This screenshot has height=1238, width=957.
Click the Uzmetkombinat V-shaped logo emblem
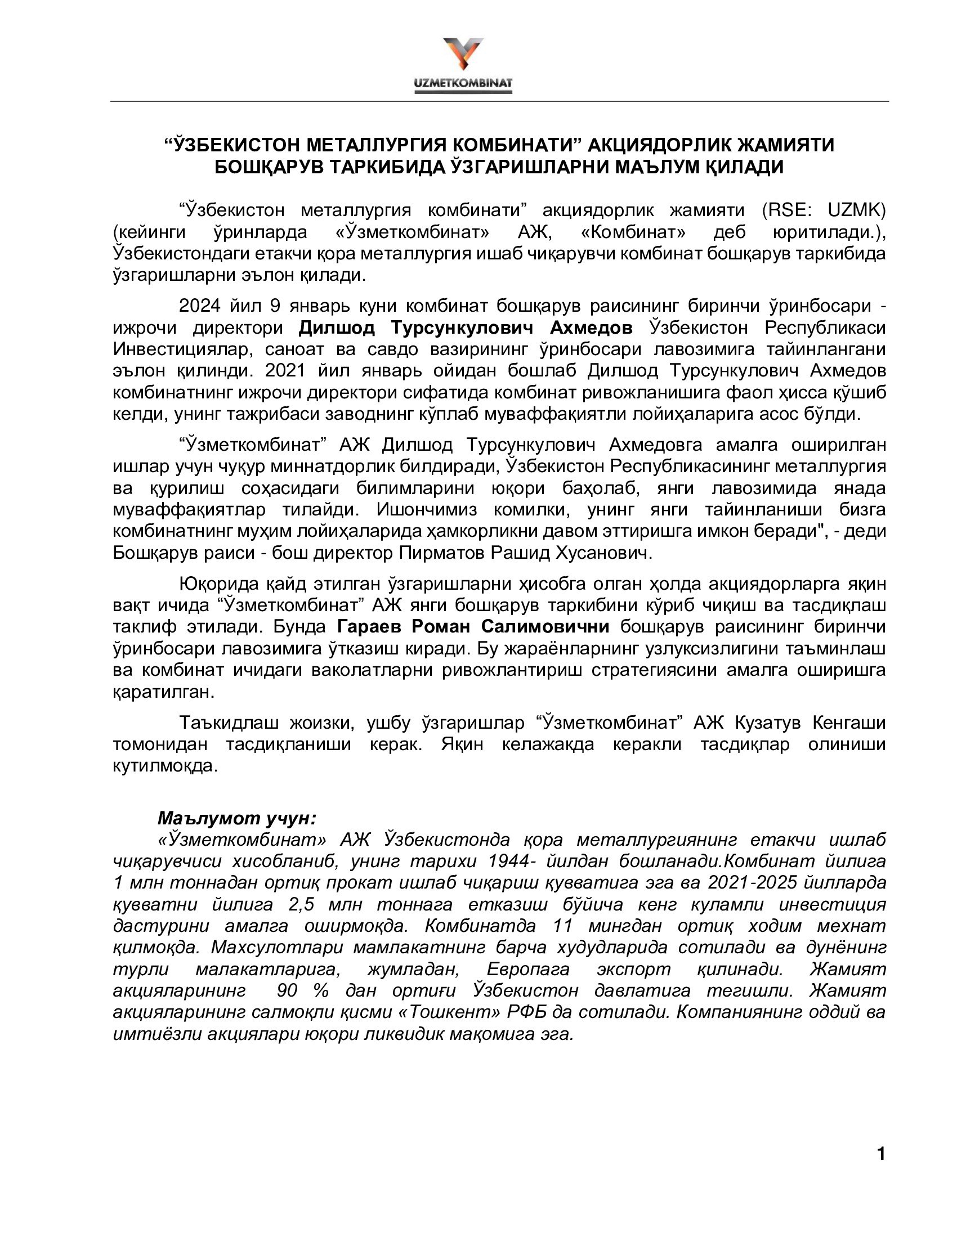[x=463, y=53]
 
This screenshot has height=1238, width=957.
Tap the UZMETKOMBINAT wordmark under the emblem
[x=463, y=84]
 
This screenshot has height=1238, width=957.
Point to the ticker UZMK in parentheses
[x=856, y=210]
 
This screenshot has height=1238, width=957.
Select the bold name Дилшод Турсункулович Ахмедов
[x=466, y=328]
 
